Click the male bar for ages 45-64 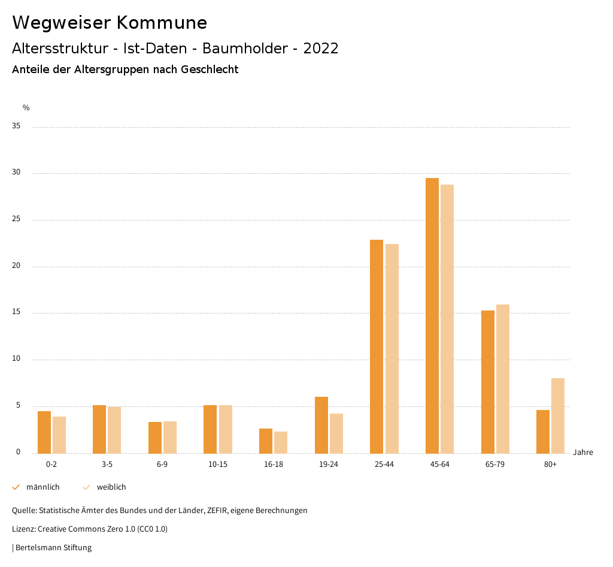[432, 316]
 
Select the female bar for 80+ [558, 415]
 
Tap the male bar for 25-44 [377, 346]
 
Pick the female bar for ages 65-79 [503, 379]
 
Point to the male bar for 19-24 [321, 425]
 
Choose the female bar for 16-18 [281, 442]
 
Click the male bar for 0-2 [44, 432]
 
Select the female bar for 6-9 [170, 438]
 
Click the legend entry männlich [43, 487]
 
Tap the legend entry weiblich [111, 487]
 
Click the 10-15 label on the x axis [218, 465]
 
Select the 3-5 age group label [107, 465]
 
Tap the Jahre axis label [582, 453]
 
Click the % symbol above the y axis [26, 108]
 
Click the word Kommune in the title [162, 23]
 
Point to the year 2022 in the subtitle [321, 49]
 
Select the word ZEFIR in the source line [218, 511]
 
